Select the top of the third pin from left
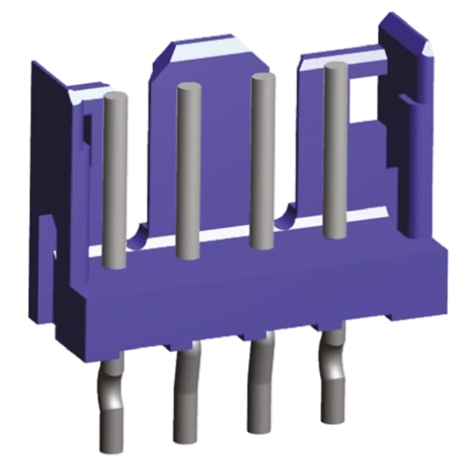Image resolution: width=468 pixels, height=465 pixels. pyautogui.click(x=262, y=79)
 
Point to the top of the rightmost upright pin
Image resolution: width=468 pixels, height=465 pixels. pyautogui.click(x=336, y=68)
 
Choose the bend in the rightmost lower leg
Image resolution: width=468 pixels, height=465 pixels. pyautogui.click(x=332, y=361)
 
